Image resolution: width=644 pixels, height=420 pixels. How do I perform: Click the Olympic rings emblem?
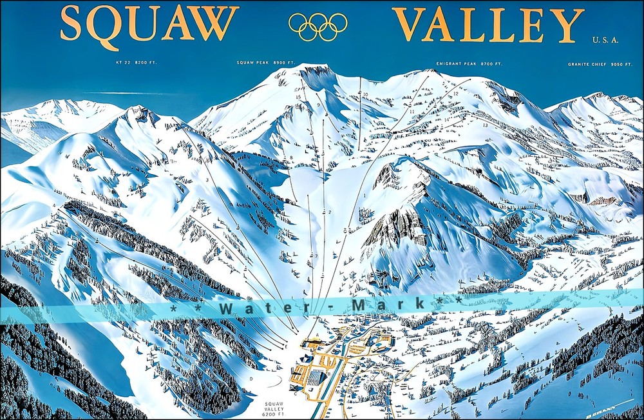(x=318, y=26)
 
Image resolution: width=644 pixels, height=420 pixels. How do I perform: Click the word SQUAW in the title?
(x=149, y=25)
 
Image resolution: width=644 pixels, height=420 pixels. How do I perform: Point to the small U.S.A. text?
(x=606, y=40)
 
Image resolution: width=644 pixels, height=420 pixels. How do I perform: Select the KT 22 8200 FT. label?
(x=136, y=63)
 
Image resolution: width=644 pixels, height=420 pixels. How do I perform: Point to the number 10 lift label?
(x=365, y=95)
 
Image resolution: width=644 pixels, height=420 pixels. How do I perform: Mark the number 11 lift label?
(x=412, y=112)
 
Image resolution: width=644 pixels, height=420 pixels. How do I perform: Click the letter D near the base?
(x=251, y=378)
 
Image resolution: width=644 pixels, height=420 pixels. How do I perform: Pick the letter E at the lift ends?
(x=286, y=346)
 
